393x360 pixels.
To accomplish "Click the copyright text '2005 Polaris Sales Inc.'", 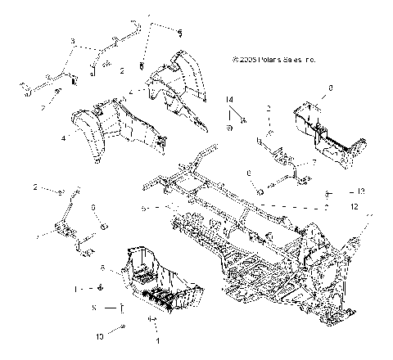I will click(273, 60).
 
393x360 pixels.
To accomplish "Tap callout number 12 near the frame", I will click(354, 207).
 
